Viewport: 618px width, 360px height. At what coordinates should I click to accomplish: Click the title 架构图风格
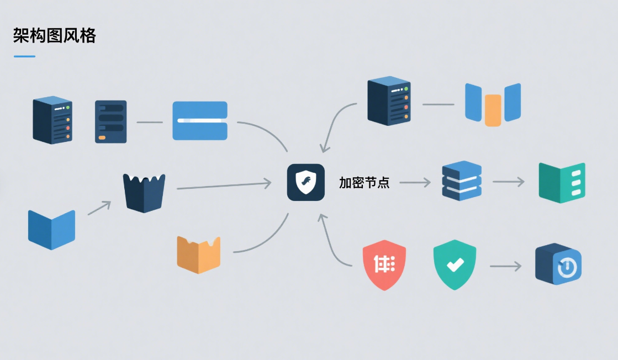pyautogui.click(x=54, y=36)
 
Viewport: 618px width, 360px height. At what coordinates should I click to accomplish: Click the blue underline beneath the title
pyautogui.click(x=24, y=56)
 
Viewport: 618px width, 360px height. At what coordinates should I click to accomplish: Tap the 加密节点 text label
pyautogui.click(x=365, y=183)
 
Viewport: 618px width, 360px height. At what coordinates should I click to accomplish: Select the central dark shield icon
pyautogui.click(x=305, y=182)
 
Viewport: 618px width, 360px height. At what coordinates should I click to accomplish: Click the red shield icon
pyautogui.click(x=384, y=265)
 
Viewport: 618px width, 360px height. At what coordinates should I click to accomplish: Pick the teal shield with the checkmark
pyautogui.click(x=455, y=265)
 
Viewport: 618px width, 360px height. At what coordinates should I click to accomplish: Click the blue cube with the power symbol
pyautogui.click(x=558, y=265)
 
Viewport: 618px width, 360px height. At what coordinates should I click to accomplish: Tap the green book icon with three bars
pyautogui.click(x=562, y=183)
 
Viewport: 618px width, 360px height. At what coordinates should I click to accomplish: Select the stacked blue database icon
pyautogui.click(x=462, y=181)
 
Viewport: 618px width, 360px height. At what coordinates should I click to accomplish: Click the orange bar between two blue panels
pyautogui.click(x=493, y=110)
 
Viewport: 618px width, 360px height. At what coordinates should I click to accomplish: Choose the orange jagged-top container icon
pyautogui.click(x=198, y=255)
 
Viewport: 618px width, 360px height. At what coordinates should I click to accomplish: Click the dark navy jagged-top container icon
pyautogui.click(x=144, y=193)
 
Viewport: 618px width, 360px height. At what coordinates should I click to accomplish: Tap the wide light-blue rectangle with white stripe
pyautogui.click(x=200, y=120)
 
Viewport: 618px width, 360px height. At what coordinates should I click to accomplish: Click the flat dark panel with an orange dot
pyautogui.click(x=110, y=121)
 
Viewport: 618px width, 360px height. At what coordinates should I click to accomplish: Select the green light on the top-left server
pyautogui.click(x=67, y=108)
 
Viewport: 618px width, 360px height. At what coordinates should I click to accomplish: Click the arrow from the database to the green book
pyautogui.click(x=509, y=181)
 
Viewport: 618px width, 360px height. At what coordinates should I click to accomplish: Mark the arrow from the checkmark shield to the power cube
pyautogui.click(x=505, y=267)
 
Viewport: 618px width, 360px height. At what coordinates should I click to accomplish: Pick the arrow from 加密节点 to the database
pyautogui.click(x=415, y=182)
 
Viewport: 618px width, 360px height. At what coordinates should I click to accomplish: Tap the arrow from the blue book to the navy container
pyautogui.click(x=99, y=208)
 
